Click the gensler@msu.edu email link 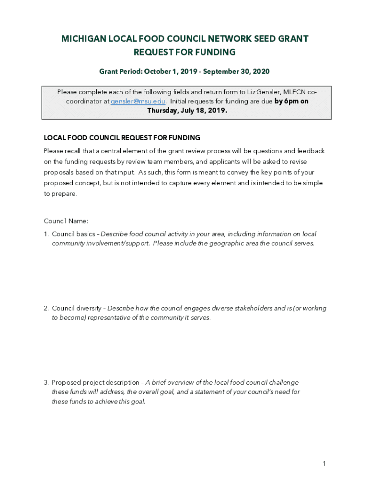(x=138, y=101)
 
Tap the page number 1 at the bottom (x=324, y=463)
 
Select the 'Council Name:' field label (x=66, y=221)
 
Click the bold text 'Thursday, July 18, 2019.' (x=187, y=111)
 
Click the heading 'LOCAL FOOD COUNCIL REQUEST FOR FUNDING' (x=122, y=138)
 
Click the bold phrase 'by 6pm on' (x=291, y=101)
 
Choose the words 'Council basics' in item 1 (x=73, y=234)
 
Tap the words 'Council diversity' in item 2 (x=76, y=309)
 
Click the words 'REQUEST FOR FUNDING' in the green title (x=184, y=52)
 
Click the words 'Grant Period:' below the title (x=120, y=71)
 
